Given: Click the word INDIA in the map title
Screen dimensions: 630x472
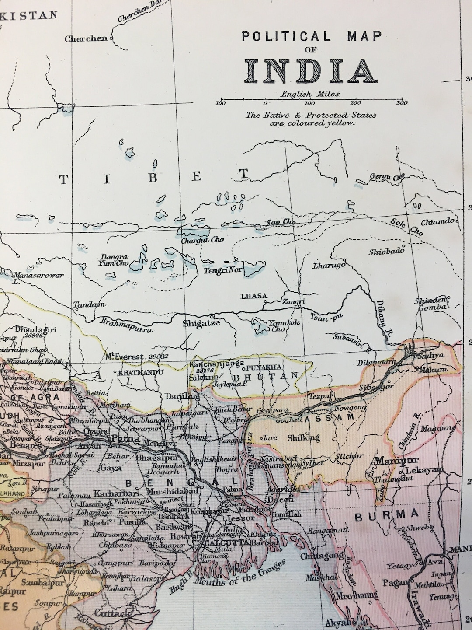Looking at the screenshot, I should click(x=311, y=72).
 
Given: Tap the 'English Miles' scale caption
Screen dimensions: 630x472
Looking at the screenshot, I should click(x=310, y=94).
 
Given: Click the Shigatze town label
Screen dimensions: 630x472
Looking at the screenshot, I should click(x=201, y=323).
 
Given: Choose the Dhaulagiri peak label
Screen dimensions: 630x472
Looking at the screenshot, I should click(x=36, y=330).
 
